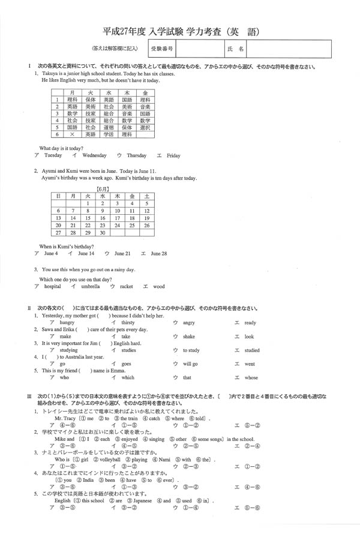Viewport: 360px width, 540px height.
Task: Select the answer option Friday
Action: click(x=173, y=155)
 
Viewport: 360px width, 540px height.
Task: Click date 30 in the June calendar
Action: click(x=102, y=233)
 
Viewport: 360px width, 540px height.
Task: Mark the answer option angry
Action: click(x=189, y=322)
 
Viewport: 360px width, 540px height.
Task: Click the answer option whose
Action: click(x=251, y=378)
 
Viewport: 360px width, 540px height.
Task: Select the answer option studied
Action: click(x=252, y=350)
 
